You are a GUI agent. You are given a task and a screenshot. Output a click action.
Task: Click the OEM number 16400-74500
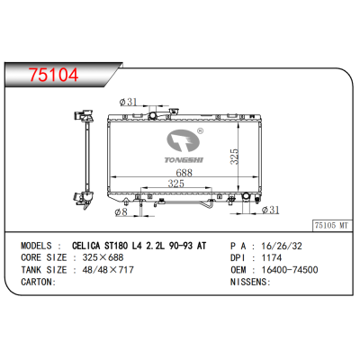[x=287, y=268]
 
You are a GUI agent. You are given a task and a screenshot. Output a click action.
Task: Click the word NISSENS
[x=249, y=281]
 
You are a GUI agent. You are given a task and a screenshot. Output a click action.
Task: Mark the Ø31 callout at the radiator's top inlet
[x=128, y=101]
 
